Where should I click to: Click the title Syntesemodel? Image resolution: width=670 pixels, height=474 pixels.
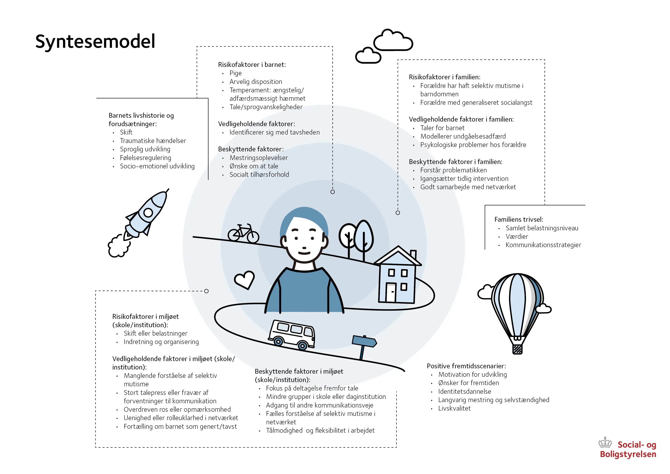(x=95, y=41)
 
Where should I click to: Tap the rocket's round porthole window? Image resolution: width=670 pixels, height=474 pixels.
(x=148, y=212)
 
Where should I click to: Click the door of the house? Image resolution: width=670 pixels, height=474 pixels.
(x=391, y=292)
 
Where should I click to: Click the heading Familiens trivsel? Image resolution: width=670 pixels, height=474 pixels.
(x=519, y=219)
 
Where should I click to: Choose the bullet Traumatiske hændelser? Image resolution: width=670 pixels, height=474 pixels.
(x=153, y=141)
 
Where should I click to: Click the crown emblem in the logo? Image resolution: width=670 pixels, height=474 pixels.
(x=605, y=443)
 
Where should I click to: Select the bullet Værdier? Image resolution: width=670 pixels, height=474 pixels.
(x=517, y=237)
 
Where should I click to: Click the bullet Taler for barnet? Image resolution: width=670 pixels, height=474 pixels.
(x=442, y=128)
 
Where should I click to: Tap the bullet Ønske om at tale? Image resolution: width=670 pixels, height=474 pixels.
(x=254, y=166)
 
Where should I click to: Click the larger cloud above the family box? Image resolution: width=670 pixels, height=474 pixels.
(x=393, y=41)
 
